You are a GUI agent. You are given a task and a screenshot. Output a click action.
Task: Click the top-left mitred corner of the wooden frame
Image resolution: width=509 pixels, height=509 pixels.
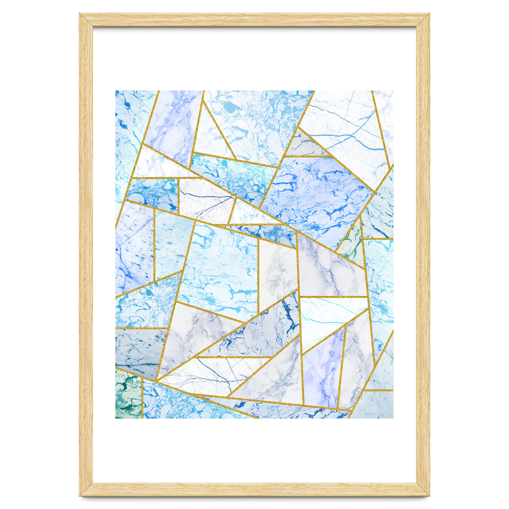click(x=86, y=20)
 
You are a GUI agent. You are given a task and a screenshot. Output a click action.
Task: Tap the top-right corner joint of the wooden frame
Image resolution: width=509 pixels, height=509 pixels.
click(x=423, y=20)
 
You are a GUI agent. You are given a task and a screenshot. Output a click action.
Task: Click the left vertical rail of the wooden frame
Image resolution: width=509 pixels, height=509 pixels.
click(x=86, y=255)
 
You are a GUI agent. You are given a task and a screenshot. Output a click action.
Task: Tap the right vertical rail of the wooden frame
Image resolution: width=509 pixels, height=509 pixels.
click(x=423, y=255)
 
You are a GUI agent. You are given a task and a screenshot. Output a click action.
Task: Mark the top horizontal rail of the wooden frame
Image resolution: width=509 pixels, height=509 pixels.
click(x=255, y=20)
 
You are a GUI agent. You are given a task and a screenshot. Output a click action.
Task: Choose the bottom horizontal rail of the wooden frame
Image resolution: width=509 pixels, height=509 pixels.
click(x=255, y=489)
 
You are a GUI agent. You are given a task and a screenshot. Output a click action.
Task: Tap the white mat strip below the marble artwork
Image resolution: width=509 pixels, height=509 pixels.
click(x=255, y=450)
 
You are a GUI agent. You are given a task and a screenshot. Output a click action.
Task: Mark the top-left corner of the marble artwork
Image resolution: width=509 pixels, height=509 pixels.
click(x=116, y=91)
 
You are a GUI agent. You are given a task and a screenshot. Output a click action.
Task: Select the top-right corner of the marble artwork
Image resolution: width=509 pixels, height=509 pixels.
click(x=393, y=91)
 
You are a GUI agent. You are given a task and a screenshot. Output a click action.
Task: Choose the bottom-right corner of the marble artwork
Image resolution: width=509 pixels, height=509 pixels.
click(x=393, y=418)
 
